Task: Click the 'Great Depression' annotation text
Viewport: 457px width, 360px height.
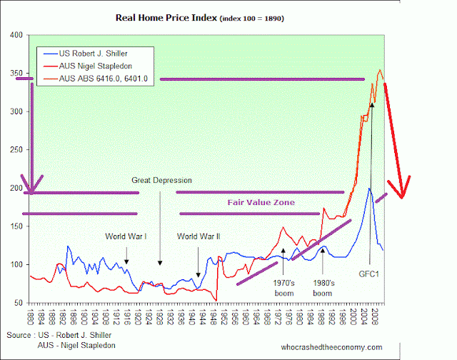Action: tap(161, 181)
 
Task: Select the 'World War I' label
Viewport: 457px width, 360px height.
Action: tap(126, 236)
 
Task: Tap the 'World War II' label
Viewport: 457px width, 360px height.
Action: tap(198, 236)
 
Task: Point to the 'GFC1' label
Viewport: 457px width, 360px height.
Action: tap(368, 273)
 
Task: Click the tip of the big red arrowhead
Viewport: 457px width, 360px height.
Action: tap(403, 198)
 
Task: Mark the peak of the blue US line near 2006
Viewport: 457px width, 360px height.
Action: tap(369, 188)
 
